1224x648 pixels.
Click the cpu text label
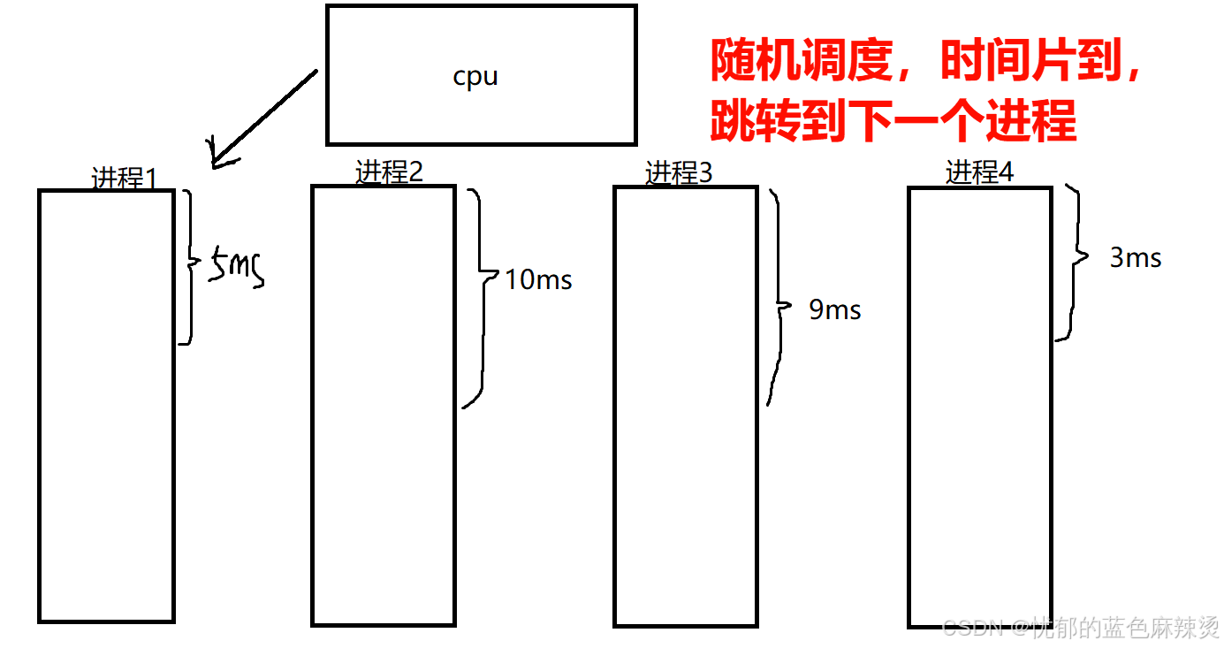click(475, 77)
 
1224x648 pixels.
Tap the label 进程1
click(125, 179)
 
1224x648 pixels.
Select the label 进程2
click(389, 172)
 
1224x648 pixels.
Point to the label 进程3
click(679, 173)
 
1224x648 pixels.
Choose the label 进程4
click(979, 172)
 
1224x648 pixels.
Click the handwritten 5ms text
click(236, 268)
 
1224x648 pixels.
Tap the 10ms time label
click(538, 280)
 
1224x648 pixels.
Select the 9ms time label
click(834, 309)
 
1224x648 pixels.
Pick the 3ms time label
click(1136, 258)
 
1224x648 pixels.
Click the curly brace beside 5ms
click(188, 265)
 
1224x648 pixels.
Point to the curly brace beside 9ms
click(778, 301)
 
